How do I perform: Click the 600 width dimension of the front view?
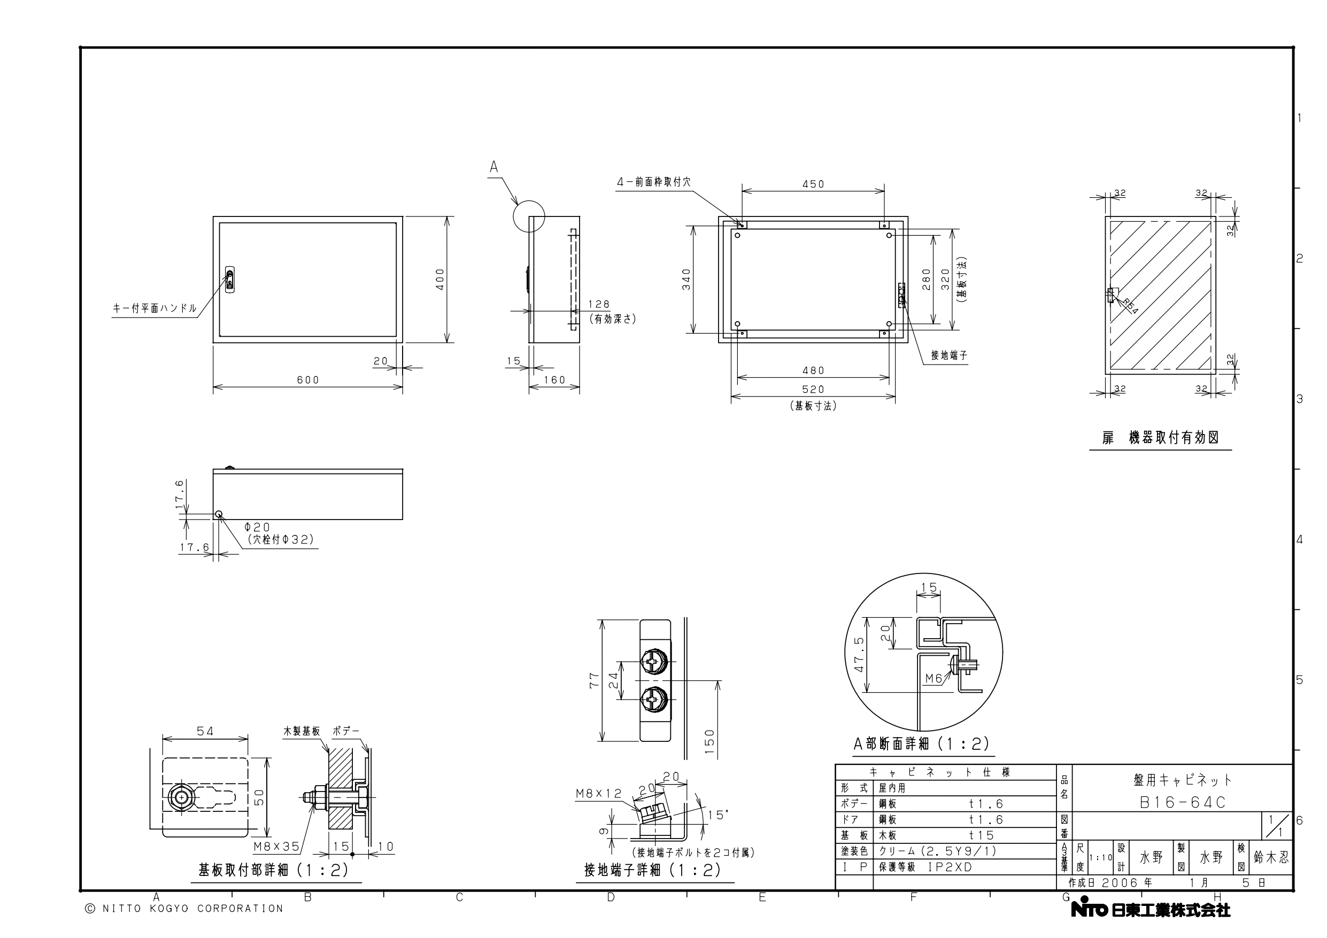click(x=308, y=379)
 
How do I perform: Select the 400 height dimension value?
click(x=441, y=279)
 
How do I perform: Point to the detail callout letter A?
click(x=493, y=167)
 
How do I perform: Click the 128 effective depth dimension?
click(x=599, y=305)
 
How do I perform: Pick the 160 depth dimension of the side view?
click(x=554, y=379)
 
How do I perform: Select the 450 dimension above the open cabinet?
click(x=813, y=184)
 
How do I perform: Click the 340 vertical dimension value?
click(x=686, y=280)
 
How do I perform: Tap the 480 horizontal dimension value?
click(x=813, y=370)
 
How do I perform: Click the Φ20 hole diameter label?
click(x=257, y=527)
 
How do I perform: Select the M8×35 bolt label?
click(x=276, y=847)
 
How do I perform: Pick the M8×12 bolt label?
click(x=599, y=794)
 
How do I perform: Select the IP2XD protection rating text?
click(x=950, y=867)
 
